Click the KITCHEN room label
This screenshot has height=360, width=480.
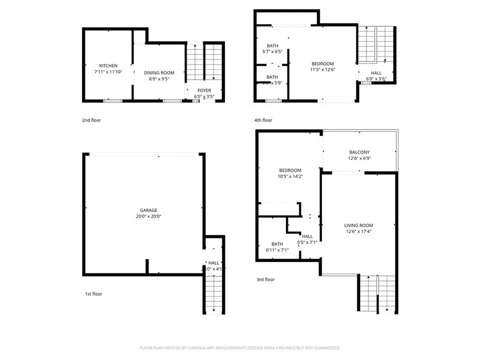pos(108,66)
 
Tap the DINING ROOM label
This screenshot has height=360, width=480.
pos(159,73)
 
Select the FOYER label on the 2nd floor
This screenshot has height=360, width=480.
pos(204,90)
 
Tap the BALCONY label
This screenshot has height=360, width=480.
pos(359,152)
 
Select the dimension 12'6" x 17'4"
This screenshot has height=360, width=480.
pos(358,232)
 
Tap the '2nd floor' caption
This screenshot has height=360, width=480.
pos(91,121)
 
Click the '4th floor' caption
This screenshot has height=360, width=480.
pos(263,121)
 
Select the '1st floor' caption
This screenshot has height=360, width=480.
pos(93,294)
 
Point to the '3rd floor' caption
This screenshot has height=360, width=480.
pos(265,279)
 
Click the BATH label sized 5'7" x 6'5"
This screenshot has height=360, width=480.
pos(273,45)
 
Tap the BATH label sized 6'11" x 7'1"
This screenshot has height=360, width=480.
pos(277,244)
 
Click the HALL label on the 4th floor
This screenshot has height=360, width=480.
pos(376,73)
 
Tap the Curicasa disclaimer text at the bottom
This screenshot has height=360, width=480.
pos(240,348)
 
